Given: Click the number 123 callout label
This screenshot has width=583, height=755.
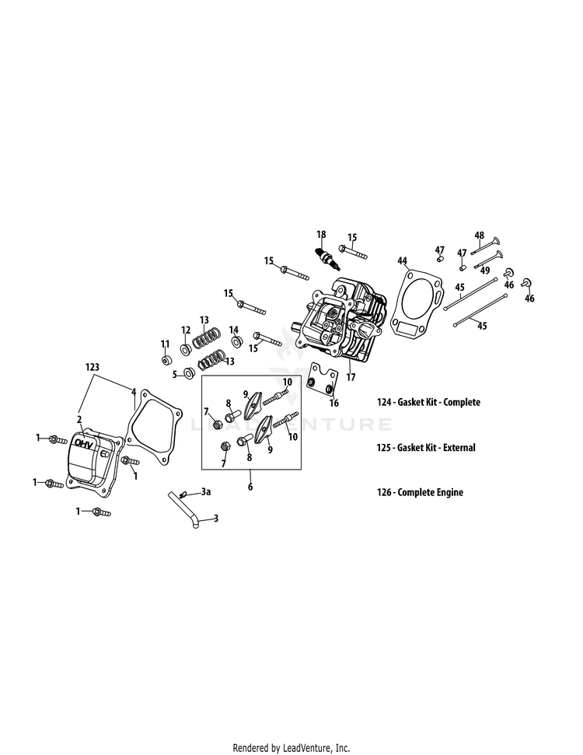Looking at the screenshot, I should (93, 365).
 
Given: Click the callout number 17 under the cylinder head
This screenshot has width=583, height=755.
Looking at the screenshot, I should (351, 377).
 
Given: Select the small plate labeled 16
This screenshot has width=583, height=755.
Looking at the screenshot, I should (322, 383).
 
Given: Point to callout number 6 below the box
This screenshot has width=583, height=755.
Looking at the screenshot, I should (250, 487).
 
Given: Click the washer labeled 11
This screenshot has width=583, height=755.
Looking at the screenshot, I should (166, 360).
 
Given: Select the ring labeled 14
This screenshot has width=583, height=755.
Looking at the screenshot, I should (236, 342).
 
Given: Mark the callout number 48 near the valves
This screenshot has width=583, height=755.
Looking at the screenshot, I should (480, 236).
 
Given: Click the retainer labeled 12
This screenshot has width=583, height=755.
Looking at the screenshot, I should (186, 349).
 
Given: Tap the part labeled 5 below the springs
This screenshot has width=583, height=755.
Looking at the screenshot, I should (188, 375).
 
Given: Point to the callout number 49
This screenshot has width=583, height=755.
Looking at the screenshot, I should (484, 271).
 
